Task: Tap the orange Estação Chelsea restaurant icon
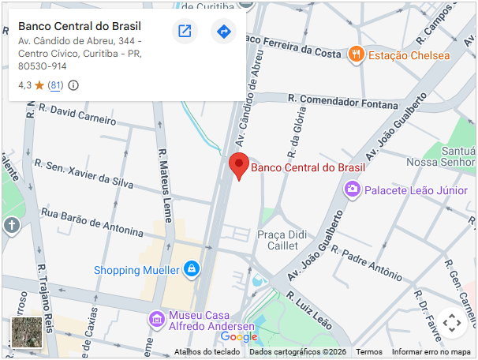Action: coord(357,54)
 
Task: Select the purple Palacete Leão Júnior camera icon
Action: coord(352,189)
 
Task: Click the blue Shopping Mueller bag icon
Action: coord(191,270)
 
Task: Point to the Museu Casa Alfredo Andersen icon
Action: coord(157,319)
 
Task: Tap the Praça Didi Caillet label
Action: coord(282,240)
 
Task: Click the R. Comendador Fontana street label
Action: coord(343,100)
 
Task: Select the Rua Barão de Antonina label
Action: coord(92,223)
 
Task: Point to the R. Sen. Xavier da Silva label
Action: coord(90,174)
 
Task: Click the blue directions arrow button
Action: coord(224,32)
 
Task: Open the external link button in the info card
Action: coord(185,32)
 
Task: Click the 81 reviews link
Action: coord(55,85)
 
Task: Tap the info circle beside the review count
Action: coord(73,85)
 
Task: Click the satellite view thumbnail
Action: coord(26,332)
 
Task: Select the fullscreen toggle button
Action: coord(451,322)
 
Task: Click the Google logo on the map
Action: coord(239,337)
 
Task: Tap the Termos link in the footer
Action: coord(369,352)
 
